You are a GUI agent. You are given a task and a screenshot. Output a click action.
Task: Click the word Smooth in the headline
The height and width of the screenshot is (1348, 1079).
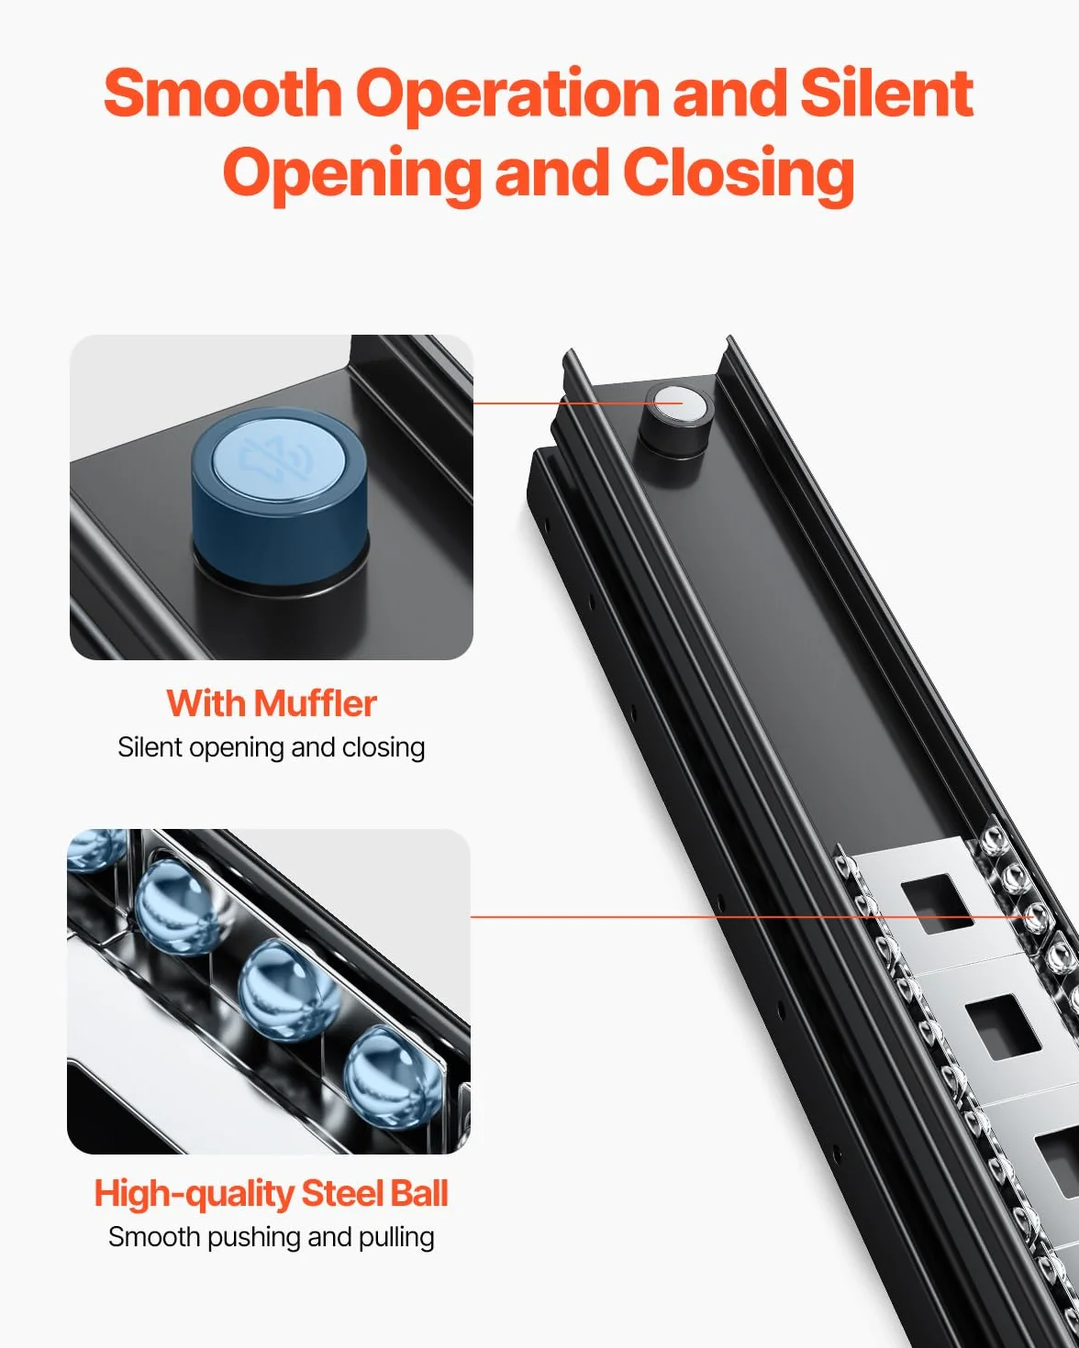pyautogui.click(x=223, y=93)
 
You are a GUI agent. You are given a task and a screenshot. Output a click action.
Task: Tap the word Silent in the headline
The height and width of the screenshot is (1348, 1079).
pyautogui.click(x=886, y=93)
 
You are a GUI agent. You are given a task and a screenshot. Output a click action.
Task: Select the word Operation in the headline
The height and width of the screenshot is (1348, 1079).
pyautogui.click(x=507, y=98)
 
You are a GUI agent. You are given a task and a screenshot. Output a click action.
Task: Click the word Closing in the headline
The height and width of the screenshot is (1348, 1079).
pyautogui.click(x=739, y=175)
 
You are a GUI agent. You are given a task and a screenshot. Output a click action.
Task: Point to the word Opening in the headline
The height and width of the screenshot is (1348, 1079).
pyautogui.click(x=351, y=175)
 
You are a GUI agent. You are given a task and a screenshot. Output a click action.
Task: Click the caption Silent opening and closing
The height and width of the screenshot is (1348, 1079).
pyautogui.click(x=272, y=748)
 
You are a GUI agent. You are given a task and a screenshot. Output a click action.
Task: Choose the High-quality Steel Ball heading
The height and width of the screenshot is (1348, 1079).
pyautogui.click(x=271, y=1194)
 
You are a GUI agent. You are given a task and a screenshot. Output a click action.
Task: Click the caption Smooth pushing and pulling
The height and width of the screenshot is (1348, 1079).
pyautogui.click(x=271, y=1237)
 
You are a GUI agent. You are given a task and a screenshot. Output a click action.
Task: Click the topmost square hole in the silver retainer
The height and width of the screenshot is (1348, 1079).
pyautogui.click(x=937, y=903)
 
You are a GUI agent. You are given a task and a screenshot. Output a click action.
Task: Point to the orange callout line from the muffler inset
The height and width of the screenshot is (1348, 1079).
pyautogui.click(x=577, y=403)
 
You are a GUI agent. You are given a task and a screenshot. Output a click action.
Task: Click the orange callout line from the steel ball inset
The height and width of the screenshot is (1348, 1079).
pyautogui.click(x=751, y=916)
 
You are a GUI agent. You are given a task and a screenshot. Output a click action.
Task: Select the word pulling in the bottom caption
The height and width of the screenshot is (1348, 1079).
pyautogui.click(x=396, y=1238)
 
